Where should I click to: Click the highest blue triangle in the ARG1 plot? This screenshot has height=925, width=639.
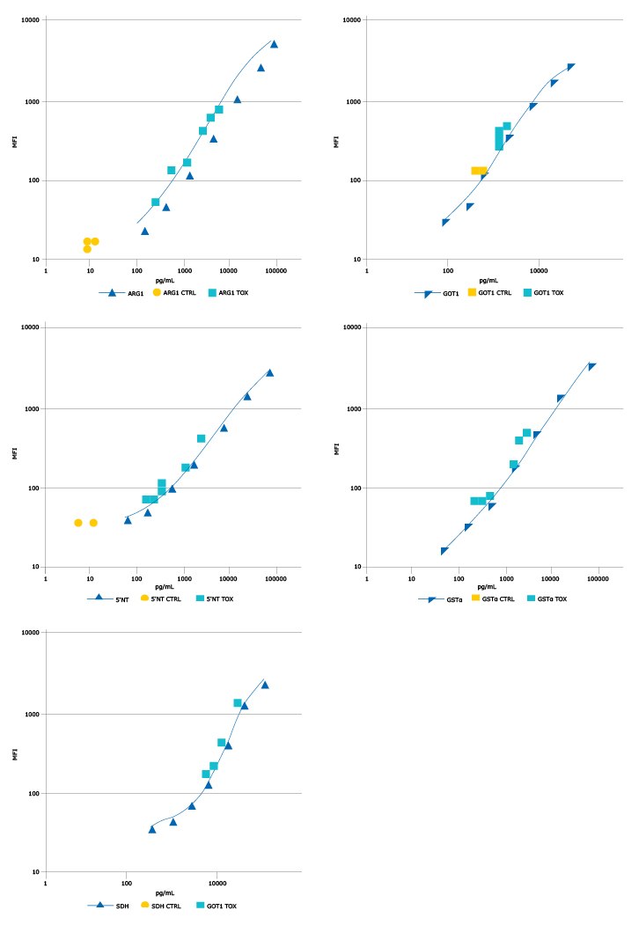(x=274, y=44)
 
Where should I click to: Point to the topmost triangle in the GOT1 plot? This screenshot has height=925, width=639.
(x=571, y=67)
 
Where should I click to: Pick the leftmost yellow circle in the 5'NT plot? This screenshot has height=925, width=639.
(x=78, y=523)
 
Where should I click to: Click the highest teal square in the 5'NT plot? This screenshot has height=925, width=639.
(x=201, y=438)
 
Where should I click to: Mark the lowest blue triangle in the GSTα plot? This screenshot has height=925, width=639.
(x=444, y=551)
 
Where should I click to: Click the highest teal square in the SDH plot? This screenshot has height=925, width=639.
(x=238, y=702)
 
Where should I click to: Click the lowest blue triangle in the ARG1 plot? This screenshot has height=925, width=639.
(x=145, y=231)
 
